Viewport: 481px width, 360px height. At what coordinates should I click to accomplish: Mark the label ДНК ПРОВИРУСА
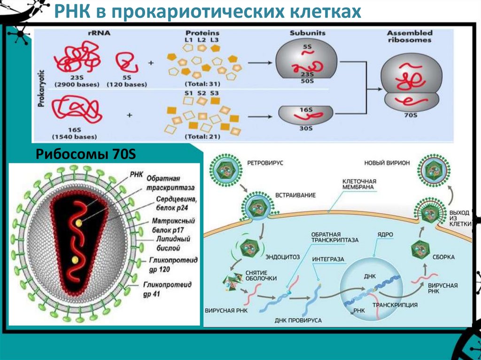(x=298, y=320)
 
